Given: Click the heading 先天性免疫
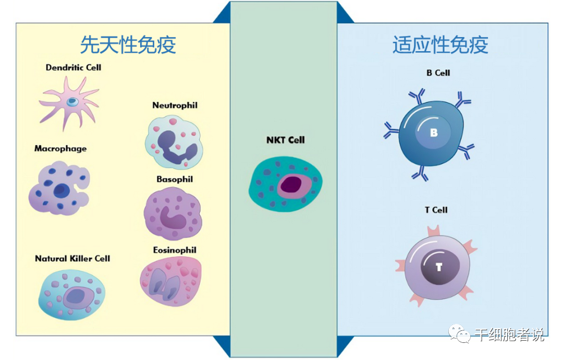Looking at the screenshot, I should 128,45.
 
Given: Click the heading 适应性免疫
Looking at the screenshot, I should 440,45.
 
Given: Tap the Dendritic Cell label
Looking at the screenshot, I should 74,68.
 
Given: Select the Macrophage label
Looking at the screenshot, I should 60,149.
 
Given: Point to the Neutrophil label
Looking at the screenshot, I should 175,105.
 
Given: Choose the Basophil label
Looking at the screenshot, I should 175,179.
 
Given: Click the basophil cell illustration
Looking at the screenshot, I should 173,213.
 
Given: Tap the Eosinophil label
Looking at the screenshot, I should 175,250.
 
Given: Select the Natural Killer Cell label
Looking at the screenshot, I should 72,259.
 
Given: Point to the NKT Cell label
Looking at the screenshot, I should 286,140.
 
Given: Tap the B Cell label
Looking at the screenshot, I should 438,73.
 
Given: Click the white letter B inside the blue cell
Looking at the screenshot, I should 434,133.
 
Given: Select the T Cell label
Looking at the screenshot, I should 436,210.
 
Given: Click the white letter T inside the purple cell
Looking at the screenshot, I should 439,267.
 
